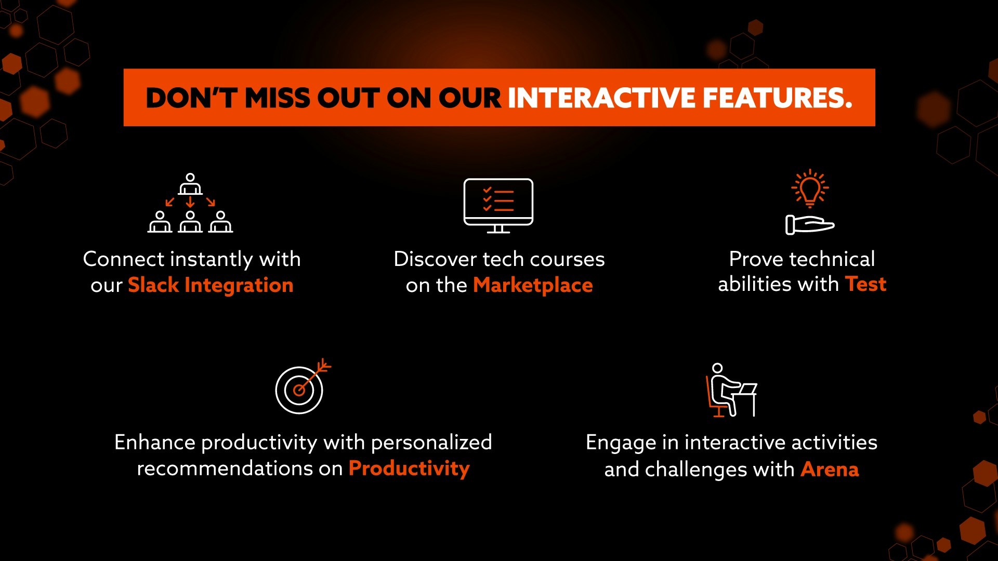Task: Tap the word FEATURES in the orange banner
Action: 778,98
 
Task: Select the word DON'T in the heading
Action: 191,98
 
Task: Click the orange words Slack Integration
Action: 211,285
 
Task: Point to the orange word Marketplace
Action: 533,285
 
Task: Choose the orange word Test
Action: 865,284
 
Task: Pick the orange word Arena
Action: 830,469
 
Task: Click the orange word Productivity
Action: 409,469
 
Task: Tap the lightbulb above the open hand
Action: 810,188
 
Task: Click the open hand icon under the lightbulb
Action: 809,225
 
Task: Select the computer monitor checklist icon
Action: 498,206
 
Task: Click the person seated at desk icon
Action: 731,390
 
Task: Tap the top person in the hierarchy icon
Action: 190,184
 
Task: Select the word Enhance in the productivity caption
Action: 155,442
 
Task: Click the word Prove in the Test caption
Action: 756,259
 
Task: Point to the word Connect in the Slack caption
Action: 124,259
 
